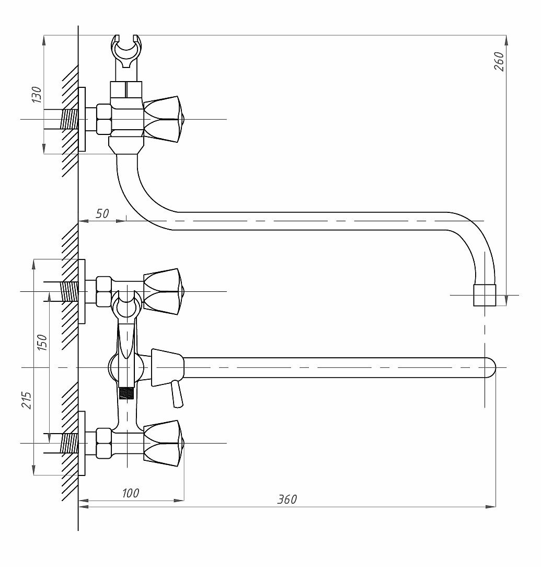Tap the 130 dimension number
click(x=37, y=95)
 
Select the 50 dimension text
click(x=102, y=213)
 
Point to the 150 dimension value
click(x=42, y=343)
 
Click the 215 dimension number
click(x=26, y=400)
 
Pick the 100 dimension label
click(x=130, y=493)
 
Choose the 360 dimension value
click(x=287, y=499)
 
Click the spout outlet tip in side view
click(x=485, y=295)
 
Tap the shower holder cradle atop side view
click(x=126, y=51)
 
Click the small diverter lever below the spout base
click(x=177, y=393)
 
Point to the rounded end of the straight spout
click(x=490, y=367)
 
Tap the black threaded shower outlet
click(x=126, y=393)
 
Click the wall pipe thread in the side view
click(x=70, y=119)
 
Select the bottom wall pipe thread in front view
click(x=70, y=443)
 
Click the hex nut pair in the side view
click(x=103, y=119)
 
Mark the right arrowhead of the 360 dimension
click(x=491, y=506)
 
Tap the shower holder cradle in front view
click(x=126, y=304)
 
